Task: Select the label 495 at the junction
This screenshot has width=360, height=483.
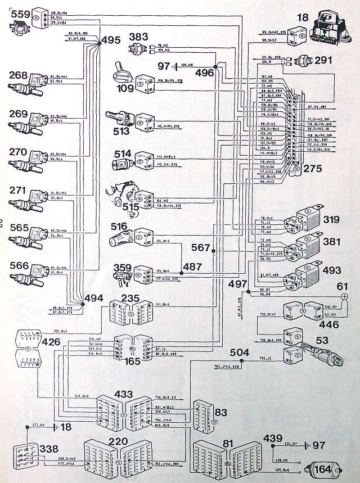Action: (x=111, y=40)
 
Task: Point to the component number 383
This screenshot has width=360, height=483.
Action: (x=138, y=36)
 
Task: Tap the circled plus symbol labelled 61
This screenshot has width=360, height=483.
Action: (x=345, y=296)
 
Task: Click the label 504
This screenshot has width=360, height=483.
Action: (x=240, y=352)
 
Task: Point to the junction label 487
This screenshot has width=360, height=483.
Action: (x=192, y=266)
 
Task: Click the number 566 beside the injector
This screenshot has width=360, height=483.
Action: (x=18, y=265)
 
